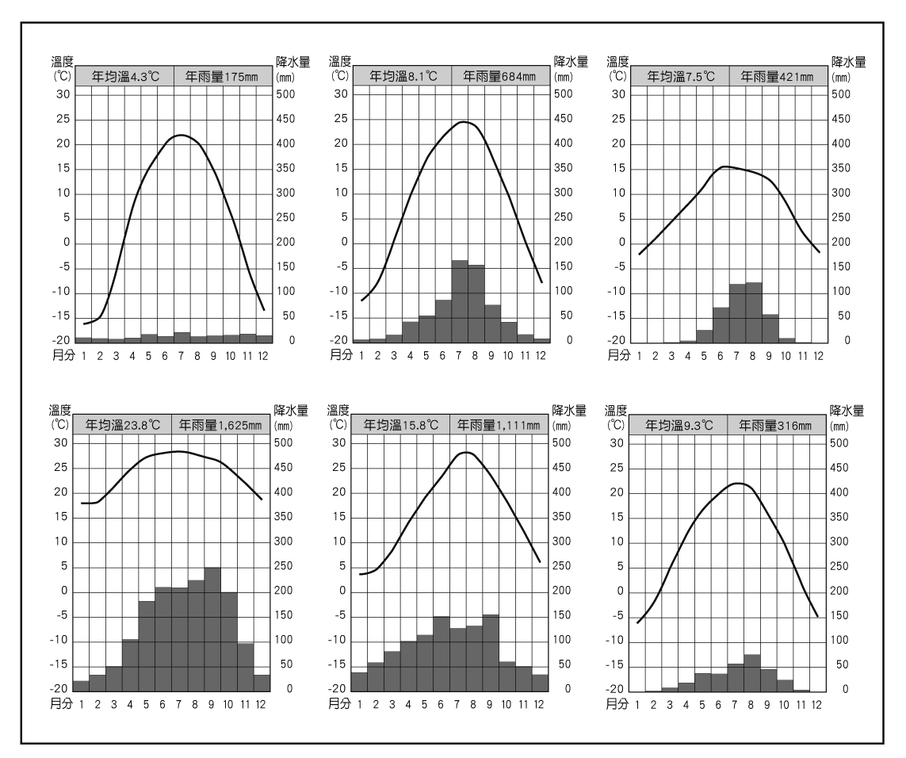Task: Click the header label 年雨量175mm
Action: (x=223, y=77)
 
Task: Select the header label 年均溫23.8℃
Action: (x=123, y=426)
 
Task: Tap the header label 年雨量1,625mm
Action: (x=223, y=426)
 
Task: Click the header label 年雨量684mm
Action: (x=500, y=77)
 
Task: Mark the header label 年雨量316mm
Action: (x=777, y=426)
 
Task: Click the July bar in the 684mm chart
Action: (x=460, y=301)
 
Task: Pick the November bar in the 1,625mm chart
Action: (x=246, y=666)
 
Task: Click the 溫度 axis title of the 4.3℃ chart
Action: (x=61, y=62)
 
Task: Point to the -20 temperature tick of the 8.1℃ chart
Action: (x=339, y=341)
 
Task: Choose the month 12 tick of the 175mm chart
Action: (x=263, y=355)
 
